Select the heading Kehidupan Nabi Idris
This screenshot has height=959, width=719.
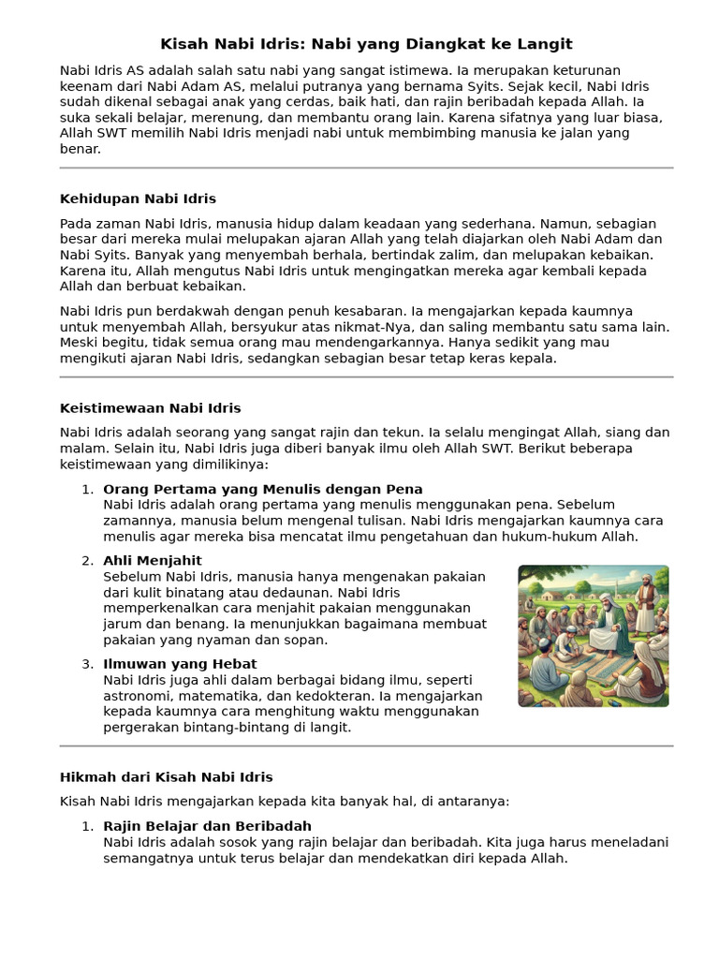(138, 199)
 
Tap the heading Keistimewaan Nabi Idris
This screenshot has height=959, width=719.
(150, 408)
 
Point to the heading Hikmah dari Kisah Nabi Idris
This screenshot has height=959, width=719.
(166, 777)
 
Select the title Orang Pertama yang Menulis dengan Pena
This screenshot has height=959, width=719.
(262, 489)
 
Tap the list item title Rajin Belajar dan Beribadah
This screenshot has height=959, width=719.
(207, 826)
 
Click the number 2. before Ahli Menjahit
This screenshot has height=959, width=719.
(87, 561)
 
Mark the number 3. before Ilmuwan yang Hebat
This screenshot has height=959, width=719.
(87, 664)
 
